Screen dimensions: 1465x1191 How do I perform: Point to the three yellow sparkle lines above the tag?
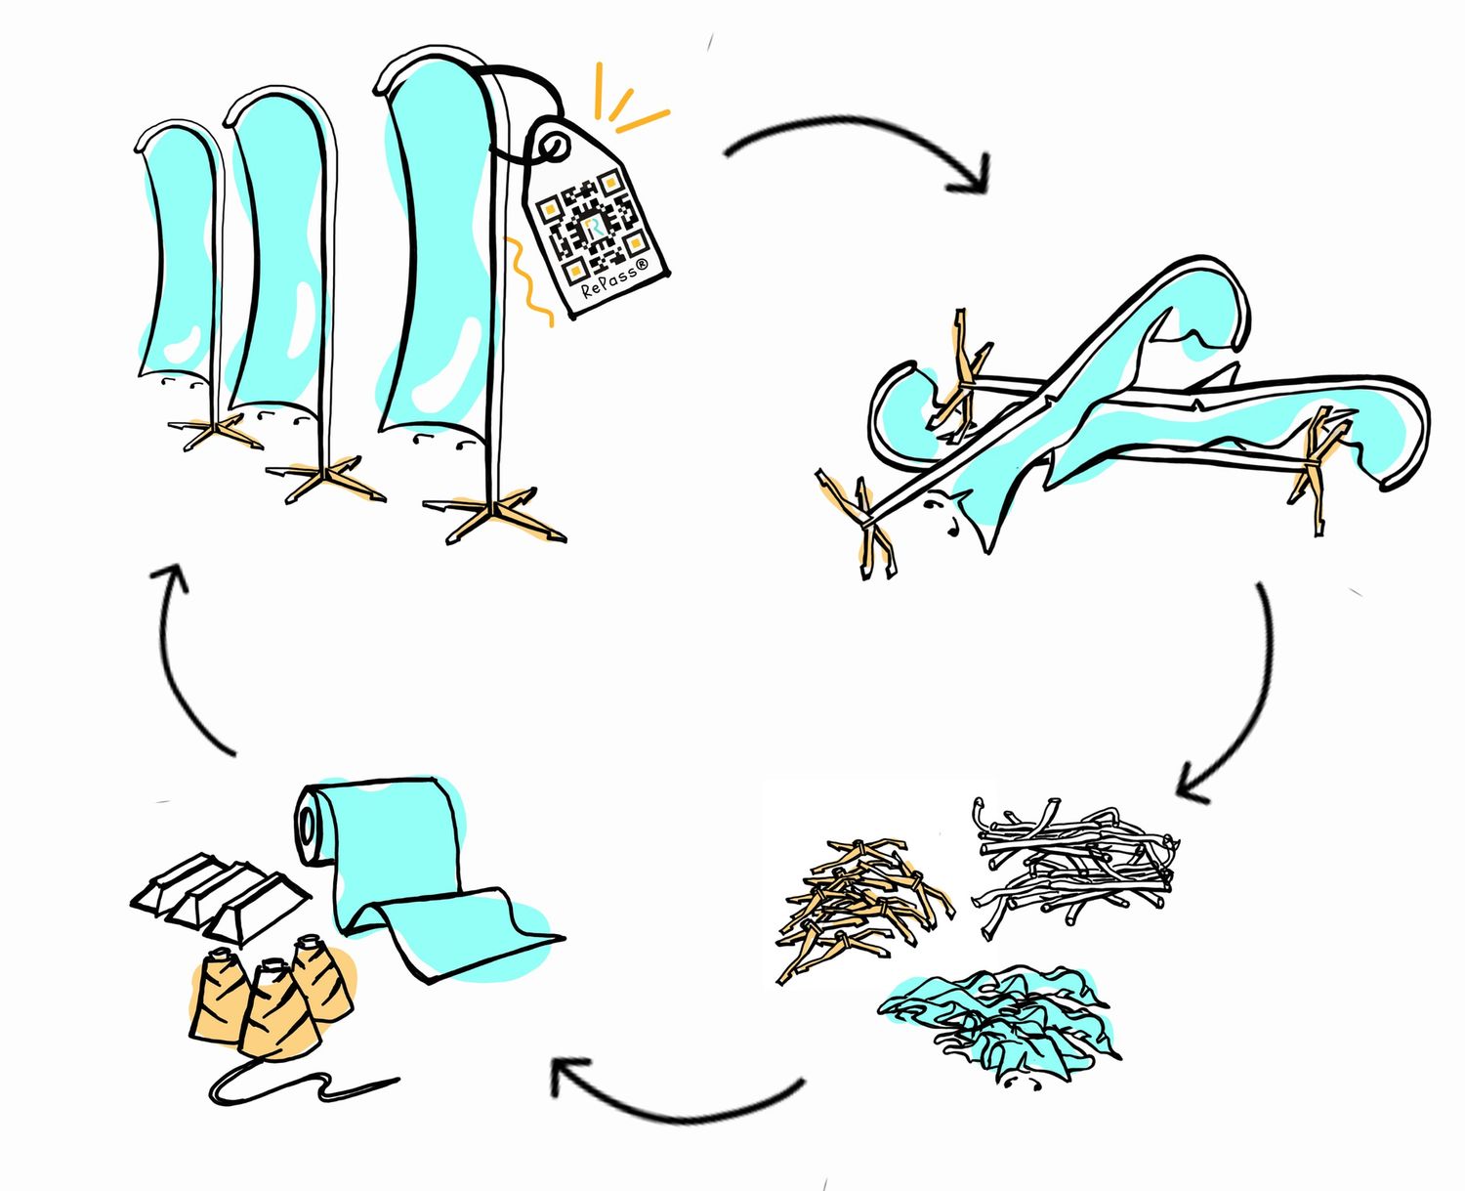point(627,100)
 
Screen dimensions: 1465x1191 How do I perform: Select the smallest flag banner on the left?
point(181,255)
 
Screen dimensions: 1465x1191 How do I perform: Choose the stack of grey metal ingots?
point(220,894)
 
